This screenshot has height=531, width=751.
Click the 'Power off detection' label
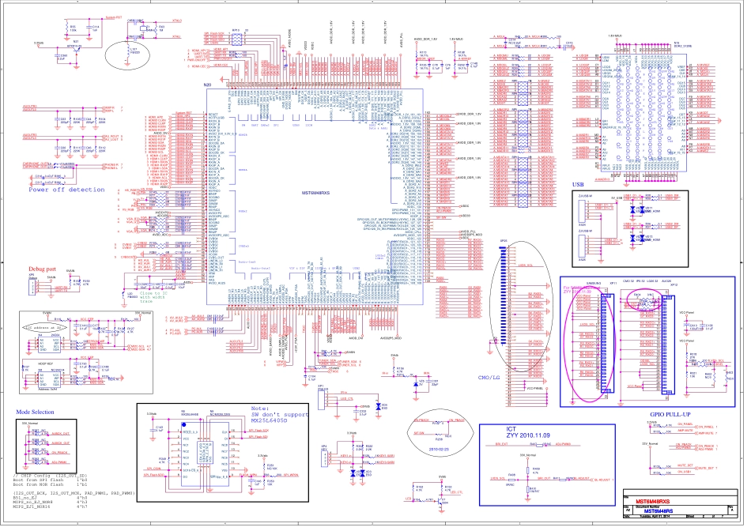click(66, 190)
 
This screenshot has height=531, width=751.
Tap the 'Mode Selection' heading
click(36, 412)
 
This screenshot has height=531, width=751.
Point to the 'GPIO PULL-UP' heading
click(671, 414)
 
